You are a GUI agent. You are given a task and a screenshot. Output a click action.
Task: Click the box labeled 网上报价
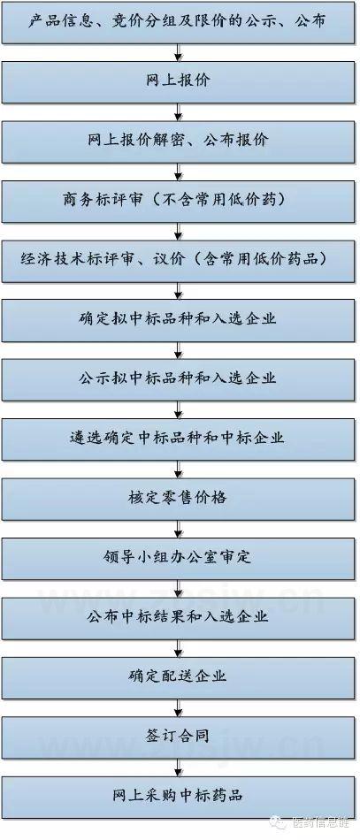[178, 81]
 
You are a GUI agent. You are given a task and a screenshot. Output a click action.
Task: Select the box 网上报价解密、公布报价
[178, 141]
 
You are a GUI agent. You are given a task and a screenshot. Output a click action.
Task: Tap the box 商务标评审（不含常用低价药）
[178, 201]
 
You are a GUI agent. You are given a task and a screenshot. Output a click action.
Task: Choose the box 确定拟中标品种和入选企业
[178, 320]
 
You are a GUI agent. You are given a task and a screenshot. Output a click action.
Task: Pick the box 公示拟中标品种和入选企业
[178, 379]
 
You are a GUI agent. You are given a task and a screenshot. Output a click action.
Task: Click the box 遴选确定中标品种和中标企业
[178, 439]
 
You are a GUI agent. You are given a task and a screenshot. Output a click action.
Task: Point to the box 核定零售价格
[178, 498]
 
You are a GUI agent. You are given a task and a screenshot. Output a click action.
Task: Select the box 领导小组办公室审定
[178, 558]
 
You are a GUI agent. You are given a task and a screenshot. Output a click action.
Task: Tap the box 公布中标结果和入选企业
[178, 617]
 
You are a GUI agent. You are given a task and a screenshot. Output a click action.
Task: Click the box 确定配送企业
[178, 676]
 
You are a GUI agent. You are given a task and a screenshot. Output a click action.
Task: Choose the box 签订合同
[178, 736]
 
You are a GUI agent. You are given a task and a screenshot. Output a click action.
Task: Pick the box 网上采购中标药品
[178, 796]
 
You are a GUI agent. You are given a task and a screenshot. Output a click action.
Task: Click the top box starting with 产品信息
[178, 22]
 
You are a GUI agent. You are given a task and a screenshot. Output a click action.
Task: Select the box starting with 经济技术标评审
[178, 260]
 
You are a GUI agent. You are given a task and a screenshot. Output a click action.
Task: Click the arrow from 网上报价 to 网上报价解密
[179, 112]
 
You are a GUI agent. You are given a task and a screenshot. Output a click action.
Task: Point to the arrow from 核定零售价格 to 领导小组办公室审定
[179, 530]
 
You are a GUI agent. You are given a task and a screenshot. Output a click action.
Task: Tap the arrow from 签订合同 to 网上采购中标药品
[179, 767]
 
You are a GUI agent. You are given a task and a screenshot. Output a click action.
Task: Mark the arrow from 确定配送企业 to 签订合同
[179, 707]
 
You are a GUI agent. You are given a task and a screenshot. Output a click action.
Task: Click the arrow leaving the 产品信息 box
[179, 53]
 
